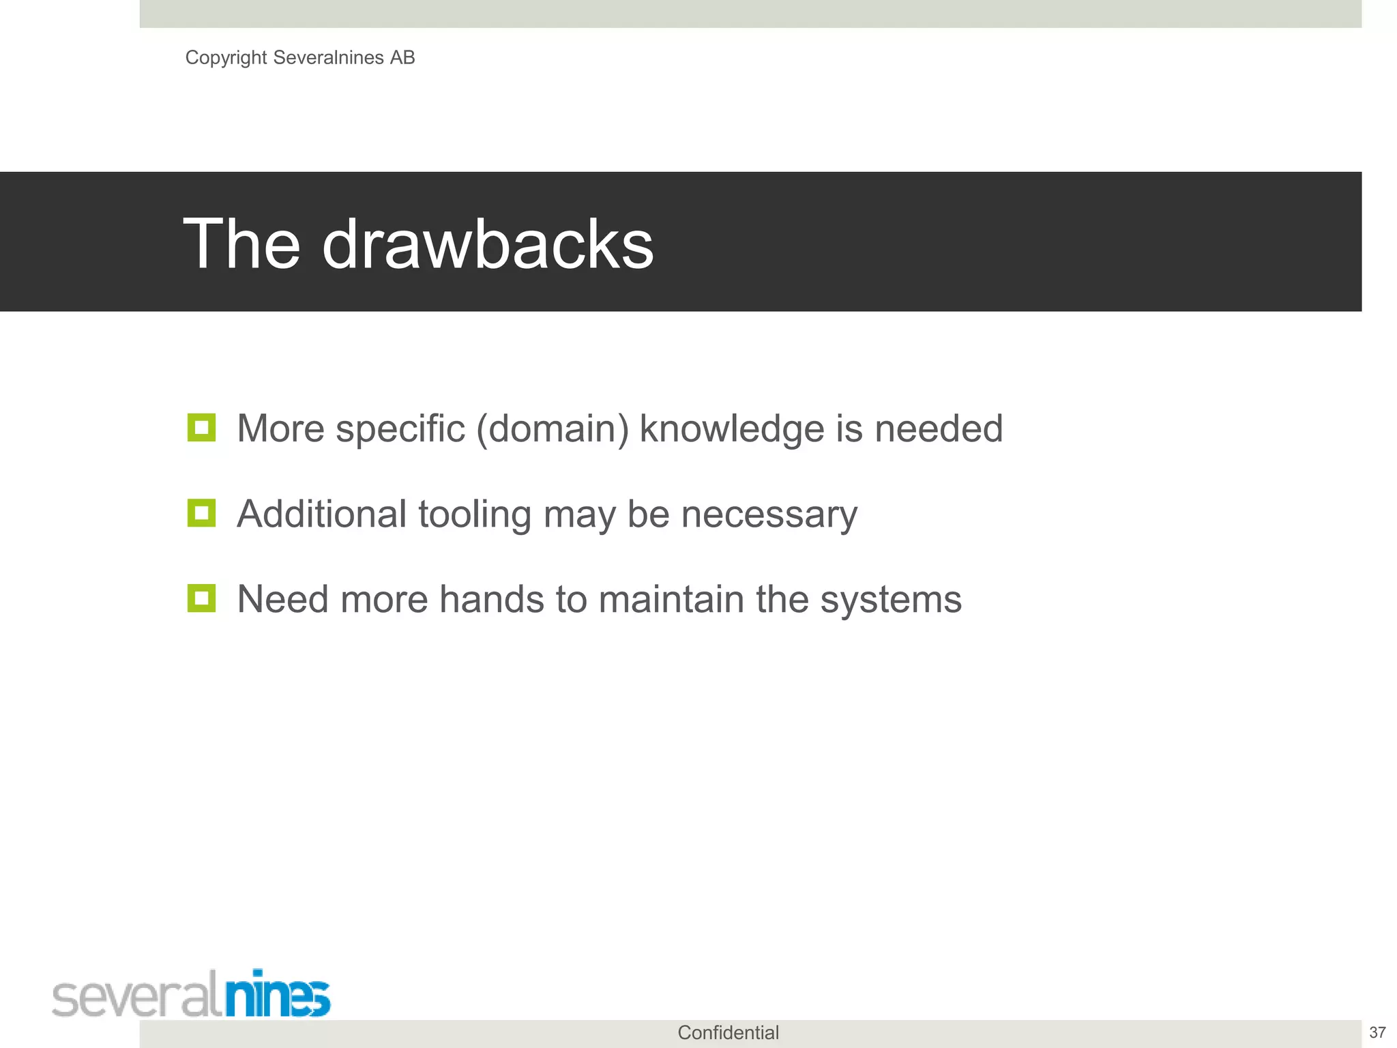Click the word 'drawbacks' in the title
487,244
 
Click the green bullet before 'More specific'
201,428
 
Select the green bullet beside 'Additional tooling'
201,513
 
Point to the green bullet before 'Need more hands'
201,598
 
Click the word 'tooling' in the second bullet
475,514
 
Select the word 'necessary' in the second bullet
769,514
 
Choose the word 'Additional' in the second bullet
321,514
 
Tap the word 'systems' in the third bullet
890,600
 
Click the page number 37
1377,1033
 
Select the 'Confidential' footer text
728,1033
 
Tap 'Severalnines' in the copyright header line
328,58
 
